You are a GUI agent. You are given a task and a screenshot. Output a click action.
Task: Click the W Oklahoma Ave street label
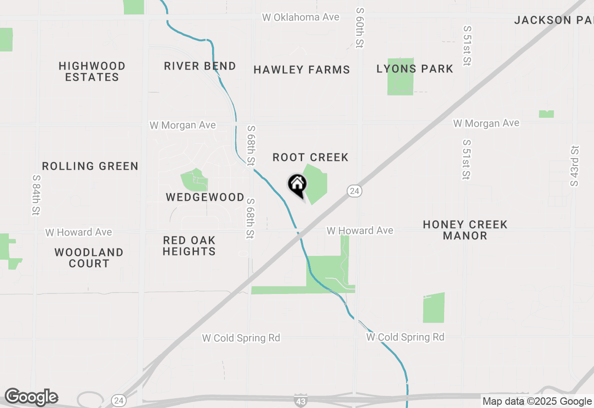point(301,18)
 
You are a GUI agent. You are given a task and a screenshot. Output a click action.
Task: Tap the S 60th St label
point(360,28)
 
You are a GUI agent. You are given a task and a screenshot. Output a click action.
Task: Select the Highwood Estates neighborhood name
point(92,72)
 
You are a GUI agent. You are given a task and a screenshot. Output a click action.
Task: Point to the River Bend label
point(200,66)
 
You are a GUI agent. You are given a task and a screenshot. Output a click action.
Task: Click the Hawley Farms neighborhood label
point(302,70)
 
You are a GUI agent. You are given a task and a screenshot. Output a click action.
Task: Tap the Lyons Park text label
point(415,69)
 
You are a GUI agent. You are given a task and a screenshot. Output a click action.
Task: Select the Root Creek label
point(310,158)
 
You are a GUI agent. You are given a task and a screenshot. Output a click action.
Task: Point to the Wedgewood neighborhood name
point(205,198)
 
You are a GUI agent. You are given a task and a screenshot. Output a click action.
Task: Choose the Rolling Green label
point(90,166)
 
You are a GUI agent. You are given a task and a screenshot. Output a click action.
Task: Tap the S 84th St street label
point(36,195)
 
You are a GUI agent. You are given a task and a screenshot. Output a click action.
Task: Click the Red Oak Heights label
point(189,246)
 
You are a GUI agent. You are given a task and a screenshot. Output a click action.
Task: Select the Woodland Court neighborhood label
point(89,258)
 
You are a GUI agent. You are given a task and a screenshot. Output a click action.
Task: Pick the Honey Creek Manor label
point(465,230)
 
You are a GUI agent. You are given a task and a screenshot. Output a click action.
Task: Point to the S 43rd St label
point(575,166)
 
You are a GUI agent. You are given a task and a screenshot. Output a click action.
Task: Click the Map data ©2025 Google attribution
point(537,402)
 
